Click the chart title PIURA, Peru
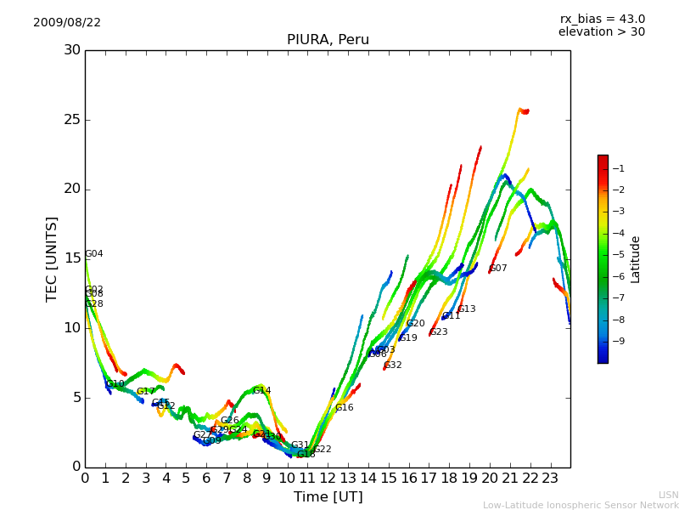click(328, 40)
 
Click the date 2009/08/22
click(67, 23)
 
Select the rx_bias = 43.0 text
click(603, 20)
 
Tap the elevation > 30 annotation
click(602, 32)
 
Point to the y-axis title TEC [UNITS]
click(52, 258)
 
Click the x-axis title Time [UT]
click(328, 497)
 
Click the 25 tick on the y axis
click(72, 120)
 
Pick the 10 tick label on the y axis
click(72, 328)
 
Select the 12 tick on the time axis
click(328, 478)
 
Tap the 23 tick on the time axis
click(550, 478)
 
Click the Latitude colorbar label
click(636, 259)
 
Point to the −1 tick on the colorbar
click(618, 168)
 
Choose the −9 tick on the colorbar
click(618, 341)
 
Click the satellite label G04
click(94, 254)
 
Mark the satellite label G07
click(498, 269)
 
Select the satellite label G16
click(345, 408)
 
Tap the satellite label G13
click(467, 309)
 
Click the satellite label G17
click(146, 392)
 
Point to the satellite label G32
click(393, 365)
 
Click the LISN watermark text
click(669, 495)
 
